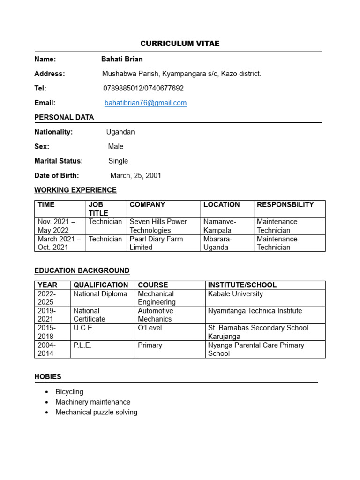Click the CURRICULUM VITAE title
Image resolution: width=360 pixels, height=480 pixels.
[180, 44]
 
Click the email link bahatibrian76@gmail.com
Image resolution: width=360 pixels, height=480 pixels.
[145, 103]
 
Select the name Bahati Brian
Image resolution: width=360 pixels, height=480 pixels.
[122, 59]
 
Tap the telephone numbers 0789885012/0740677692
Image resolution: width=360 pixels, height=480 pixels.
[143, 88]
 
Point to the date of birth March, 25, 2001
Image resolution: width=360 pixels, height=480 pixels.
[135, 175]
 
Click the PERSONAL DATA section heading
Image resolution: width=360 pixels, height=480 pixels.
[64, 117]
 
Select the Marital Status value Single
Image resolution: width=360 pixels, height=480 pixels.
[118, 161]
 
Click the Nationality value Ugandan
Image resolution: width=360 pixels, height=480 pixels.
[120, 132]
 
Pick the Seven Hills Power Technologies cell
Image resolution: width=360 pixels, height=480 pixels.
[158, 226]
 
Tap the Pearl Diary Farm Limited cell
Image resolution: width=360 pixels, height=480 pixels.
[156, 243]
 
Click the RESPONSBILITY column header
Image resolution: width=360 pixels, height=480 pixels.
[285, 204]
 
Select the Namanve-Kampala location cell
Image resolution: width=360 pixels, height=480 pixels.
[220, 226]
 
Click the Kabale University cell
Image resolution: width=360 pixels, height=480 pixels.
[235, 294]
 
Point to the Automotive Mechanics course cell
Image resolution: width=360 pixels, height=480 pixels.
[156, 315]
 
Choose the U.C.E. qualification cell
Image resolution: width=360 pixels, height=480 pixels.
[84, 328]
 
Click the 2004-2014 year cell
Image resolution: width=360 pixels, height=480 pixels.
[46, 349]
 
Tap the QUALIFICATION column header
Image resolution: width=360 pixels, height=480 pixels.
[101, 285]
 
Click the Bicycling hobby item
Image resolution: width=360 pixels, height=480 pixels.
[69, 391]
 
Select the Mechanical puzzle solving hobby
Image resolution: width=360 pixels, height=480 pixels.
[96, 412]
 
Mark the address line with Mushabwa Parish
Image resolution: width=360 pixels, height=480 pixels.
[181, 74]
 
